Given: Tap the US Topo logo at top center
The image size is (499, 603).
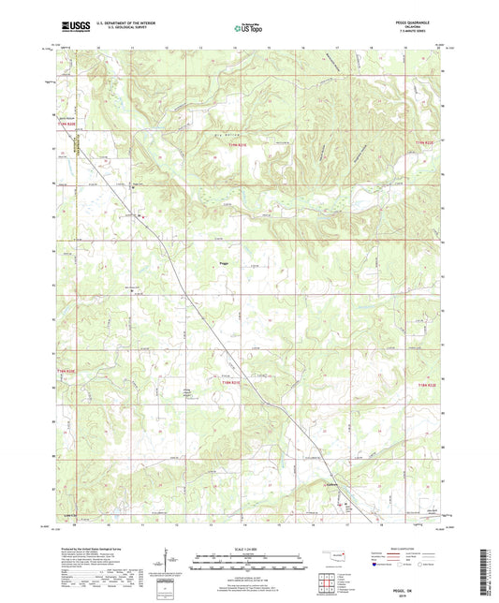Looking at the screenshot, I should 248,29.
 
